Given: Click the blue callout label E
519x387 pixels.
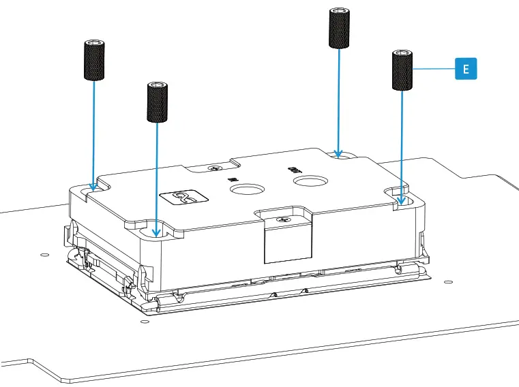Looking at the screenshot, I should [x=466, y=69].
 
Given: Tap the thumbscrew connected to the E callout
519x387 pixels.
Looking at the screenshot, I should [x=402, y=69].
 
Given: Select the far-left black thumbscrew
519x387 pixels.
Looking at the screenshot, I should [x=93, y=61].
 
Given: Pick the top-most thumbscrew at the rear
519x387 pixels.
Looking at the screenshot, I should [x=340, y=28].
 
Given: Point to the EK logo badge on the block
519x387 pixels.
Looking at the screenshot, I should [x=182, y=198].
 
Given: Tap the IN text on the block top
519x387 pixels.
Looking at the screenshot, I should [x=233, y=179].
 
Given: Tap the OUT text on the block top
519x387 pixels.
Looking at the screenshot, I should [x=294, y=167].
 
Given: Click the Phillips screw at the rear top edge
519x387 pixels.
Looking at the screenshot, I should [x=217, y=166].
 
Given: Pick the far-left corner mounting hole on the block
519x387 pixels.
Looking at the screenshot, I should [x=93, y=186].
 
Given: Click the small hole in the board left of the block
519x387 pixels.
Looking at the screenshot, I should [x=44, y=255].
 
